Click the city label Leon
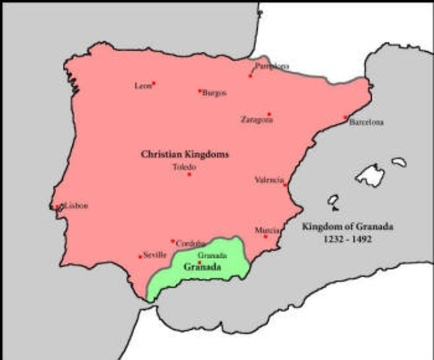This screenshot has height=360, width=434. tap(142, 85)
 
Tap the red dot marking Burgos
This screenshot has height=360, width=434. tap(199, 91)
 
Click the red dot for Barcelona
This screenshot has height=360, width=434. tap(346, 117)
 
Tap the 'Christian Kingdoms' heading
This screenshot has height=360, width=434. tap(184, 154)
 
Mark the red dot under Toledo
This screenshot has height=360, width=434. tap(189, 174)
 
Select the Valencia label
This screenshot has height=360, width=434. tap(269, 180)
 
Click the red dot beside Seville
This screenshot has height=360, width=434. tap(140, 256)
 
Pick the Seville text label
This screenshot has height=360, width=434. tap(154, 255)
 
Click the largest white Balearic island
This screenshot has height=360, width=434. tap(369, 175)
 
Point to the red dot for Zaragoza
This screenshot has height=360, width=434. tap(269, 114)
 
